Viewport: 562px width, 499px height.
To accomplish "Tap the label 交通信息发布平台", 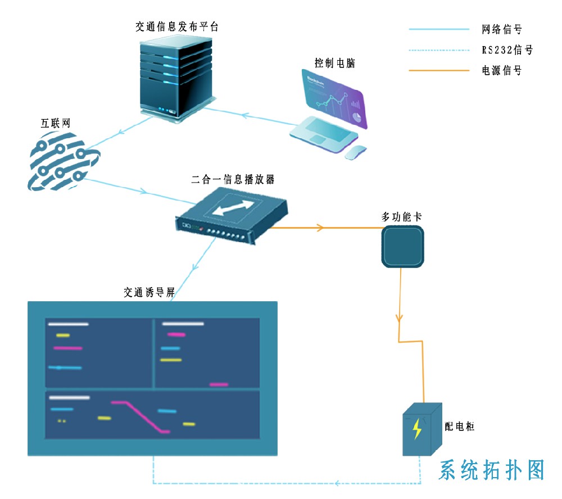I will pyautogui.click(x=176, y=26).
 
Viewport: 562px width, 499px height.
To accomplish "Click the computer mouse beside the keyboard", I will pyautogui.click(x=355, y=152).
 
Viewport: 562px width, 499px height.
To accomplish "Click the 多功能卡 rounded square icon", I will pyautogui.click(x=402, y=246).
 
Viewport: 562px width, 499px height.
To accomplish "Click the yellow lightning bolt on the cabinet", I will pyautogui.click(x=416, y=429).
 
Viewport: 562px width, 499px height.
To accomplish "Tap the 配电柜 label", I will pyautogui.click(x=460, y=427).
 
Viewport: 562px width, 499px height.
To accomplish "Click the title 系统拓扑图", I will pyautogui.click(x=492, y=470).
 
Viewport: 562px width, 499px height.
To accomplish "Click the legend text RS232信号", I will pyautogui.click(x=506, y=50).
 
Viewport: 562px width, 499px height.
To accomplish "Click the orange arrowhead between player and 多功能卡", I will pyautogui.click(x=320, y=228).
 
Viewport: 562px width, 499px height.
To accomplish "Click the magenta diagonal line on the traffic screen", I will pyautogui.click(x=141, y=416).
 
